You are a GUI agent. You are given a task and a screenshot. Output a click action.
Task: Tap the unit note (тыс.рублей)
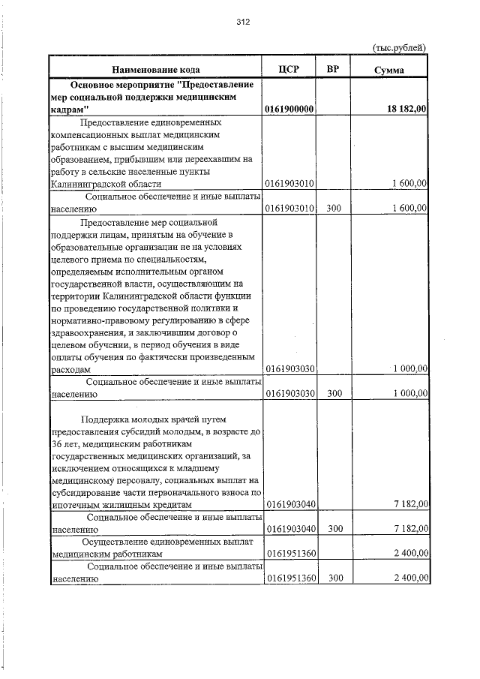(x=400, y=47)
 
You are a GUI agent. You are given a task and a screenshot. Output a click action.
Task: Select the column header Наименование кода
(x=155, y=70)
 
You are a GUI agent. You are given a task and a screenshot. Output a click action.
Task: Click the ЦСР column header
(x=289, y=70)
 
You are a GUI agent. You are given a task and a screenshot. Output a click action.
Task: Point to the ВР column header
(x=334, y=70)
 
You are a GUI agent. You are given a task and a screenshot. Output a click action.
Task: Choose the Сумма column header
(x=389, y=70)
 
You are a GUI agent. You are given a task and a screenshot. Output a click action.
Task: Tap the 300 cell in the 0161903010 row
(x=334, y=209)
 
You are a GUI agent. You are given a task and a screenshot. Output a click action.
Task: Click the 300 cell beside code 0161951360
(x=334, y=578)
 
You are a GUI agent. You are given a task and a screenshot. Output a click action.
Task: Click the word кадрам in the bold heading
(x=70, y=110)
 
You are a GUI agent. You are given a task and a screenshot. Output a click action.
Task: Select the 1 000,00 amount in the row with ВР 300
(x=409, y=393)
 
